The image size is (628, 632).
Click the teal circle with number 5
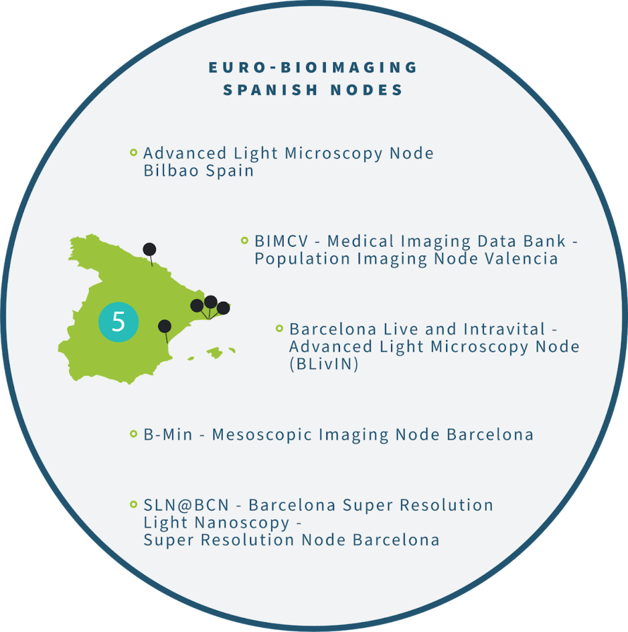(x=118, y=322)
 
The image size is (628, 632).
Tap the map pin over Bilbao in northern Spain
(x=149, y=249)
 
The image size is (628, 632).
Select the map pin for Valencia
(x=164, y=326)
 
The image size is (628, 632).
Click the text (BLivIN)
(x=324, y=365)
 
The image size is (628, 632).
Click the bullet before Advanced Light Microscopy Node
(x=133, y=152)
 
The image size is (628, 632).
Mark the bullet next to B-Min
(x=133, y=434)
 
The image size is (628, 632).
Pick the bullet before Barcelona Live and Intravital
(x=279, y=328)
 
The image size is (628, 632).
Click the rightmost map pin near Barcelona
(x=223, y=307)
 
